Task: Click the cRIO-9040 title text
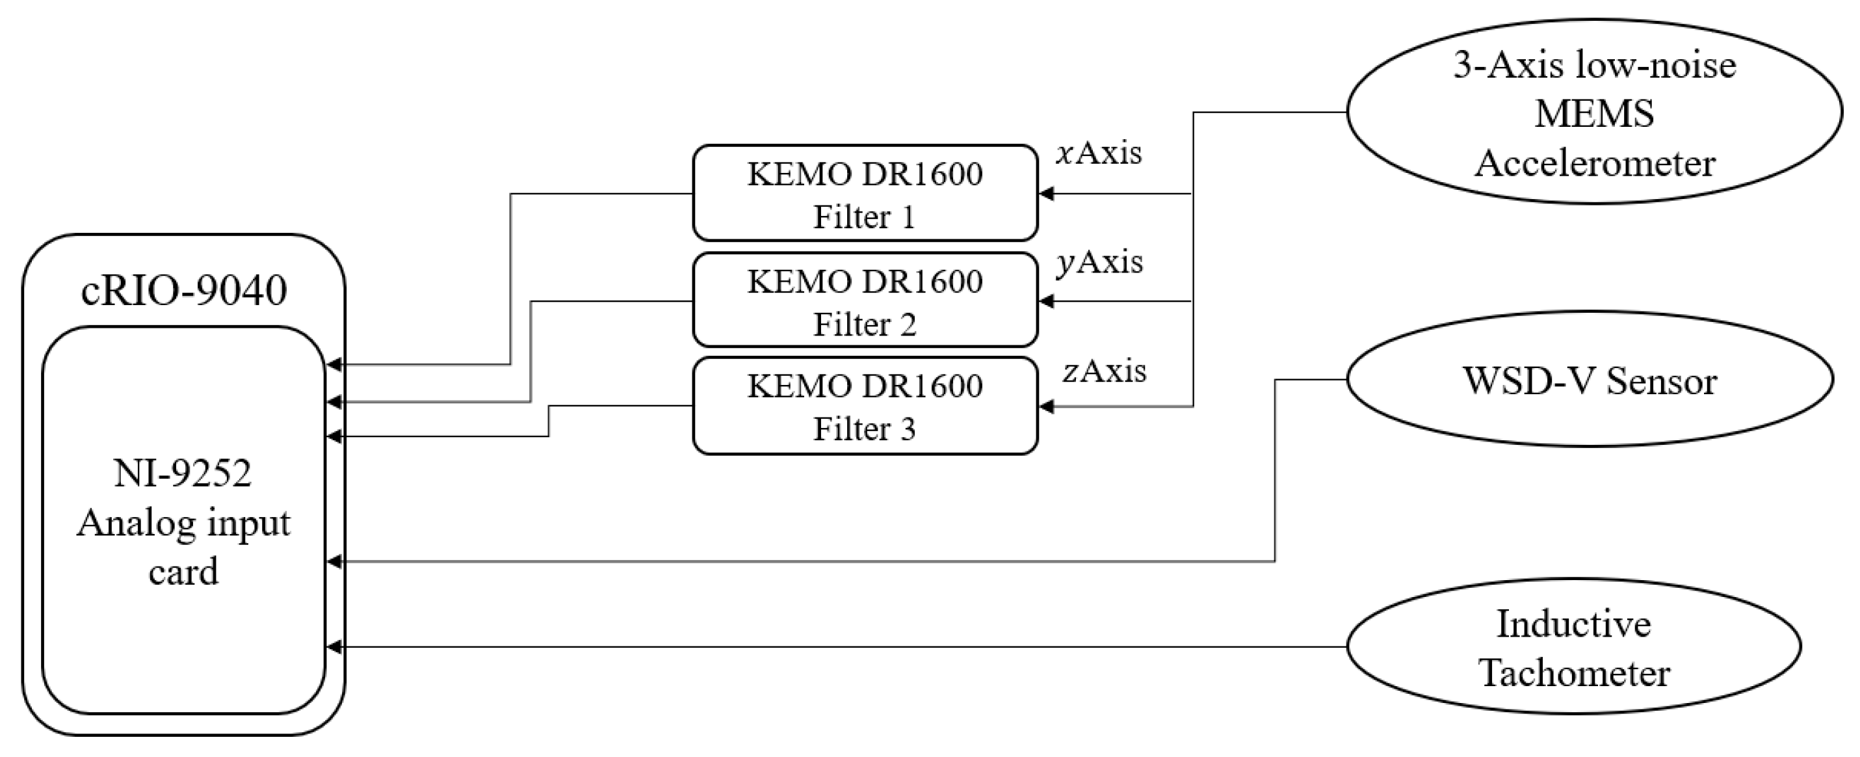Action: pos(183,290)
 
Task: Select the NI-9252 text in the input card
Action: pos(183,474)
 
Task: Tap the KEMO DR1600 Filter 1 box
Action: pos(864,194)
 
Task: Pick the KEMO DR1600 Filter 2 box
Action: pos(864,300)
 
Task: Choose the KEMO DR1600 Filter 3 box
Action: pos(864,406)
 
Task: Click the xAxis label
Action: pos(1098,153)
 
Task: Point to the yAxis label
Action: pos(1099,261)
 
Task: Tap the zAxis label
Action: pos(1103,371)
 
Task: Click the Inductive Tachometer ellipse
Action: pos(1574,647)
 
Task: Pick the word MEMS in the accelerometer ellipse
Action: pos(1593,114)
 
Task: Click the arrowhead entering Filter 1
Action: pos(1045,194)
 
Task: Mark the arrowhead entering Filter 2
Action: pos(1045,301)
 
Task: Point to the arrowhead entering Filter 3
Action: pos(1045,407)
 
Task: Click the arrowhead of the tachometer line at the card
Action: pos(334,647)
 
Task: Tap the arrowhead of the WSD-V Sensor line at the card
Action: pos(334,561)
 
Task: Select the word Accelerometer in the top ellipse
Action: pos(1594,163)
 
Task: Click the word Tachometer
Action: pos(1575,673)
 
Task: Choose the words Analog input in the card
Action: pos(183,523)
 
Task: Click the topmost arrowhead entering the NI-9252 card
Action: pos(334,365)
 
